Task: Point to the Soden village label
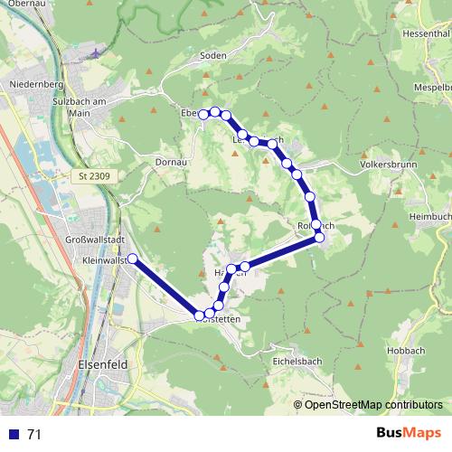pos(212,55)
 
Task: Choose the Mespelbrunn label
pos(432,89)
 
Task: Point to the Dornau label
pos(171,162)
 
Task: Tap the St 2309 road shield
pos(93,175)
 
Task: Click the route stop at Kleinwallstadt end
pos(132,259)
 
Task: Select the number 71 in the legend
pos(34,435)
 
